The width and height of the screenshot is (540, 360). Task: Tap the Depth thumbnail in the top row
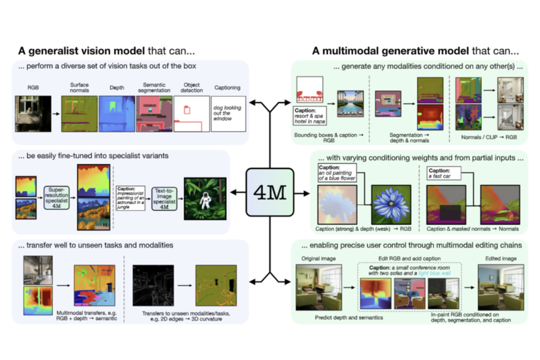pos(116,113)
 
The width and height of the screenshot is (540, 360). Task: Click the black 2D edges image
pos(151,286)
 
